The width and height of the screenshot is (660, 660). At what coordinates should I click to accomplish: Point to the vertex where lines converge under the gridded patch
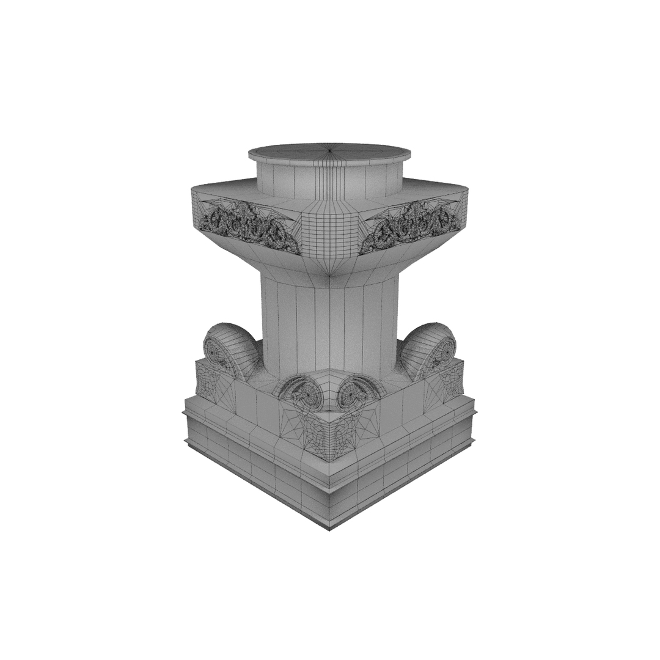click(x=330, y=276)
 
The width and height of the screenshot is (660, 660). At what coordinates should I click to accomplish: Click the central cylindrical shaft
click(x=330, y=324)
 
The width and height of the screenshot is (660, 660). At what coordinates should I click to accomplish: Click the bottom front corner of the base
click(x=330, y=529)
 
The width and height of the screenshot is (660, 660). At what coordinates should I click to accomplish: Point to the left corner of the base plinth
click(x=184, y=413)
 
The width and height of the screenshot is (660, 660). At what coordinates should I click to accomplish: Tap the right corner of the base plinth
click(x=475, y=413)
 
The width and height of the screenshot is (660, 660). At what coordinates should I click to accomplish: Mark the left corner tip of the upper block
click(x=193, y=191)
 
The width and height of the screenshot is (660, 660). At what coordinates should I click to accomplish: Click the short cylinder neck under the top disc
click(x=330, y=180)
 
